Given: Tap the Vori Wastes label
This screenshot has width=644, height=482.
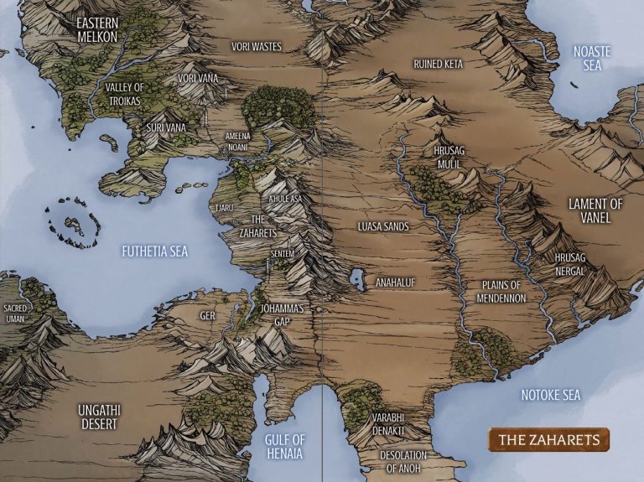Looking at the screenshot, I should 257,47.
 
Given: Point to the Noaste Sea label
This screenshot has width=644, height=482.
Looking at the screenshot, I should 592,57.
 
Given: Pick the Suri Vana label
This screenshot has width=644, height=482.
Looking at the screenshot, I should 165,127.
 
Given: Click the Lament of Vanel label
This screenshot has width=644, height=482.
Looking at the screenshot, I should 596,210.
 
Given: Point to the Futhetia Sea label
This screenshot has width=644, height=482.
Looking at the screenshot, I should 154,251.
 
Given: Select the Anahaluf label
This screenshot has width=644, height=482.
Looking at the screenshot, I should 396,282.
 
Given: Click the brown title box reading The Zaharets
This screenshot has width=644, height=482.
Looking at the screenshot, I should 548,439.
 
